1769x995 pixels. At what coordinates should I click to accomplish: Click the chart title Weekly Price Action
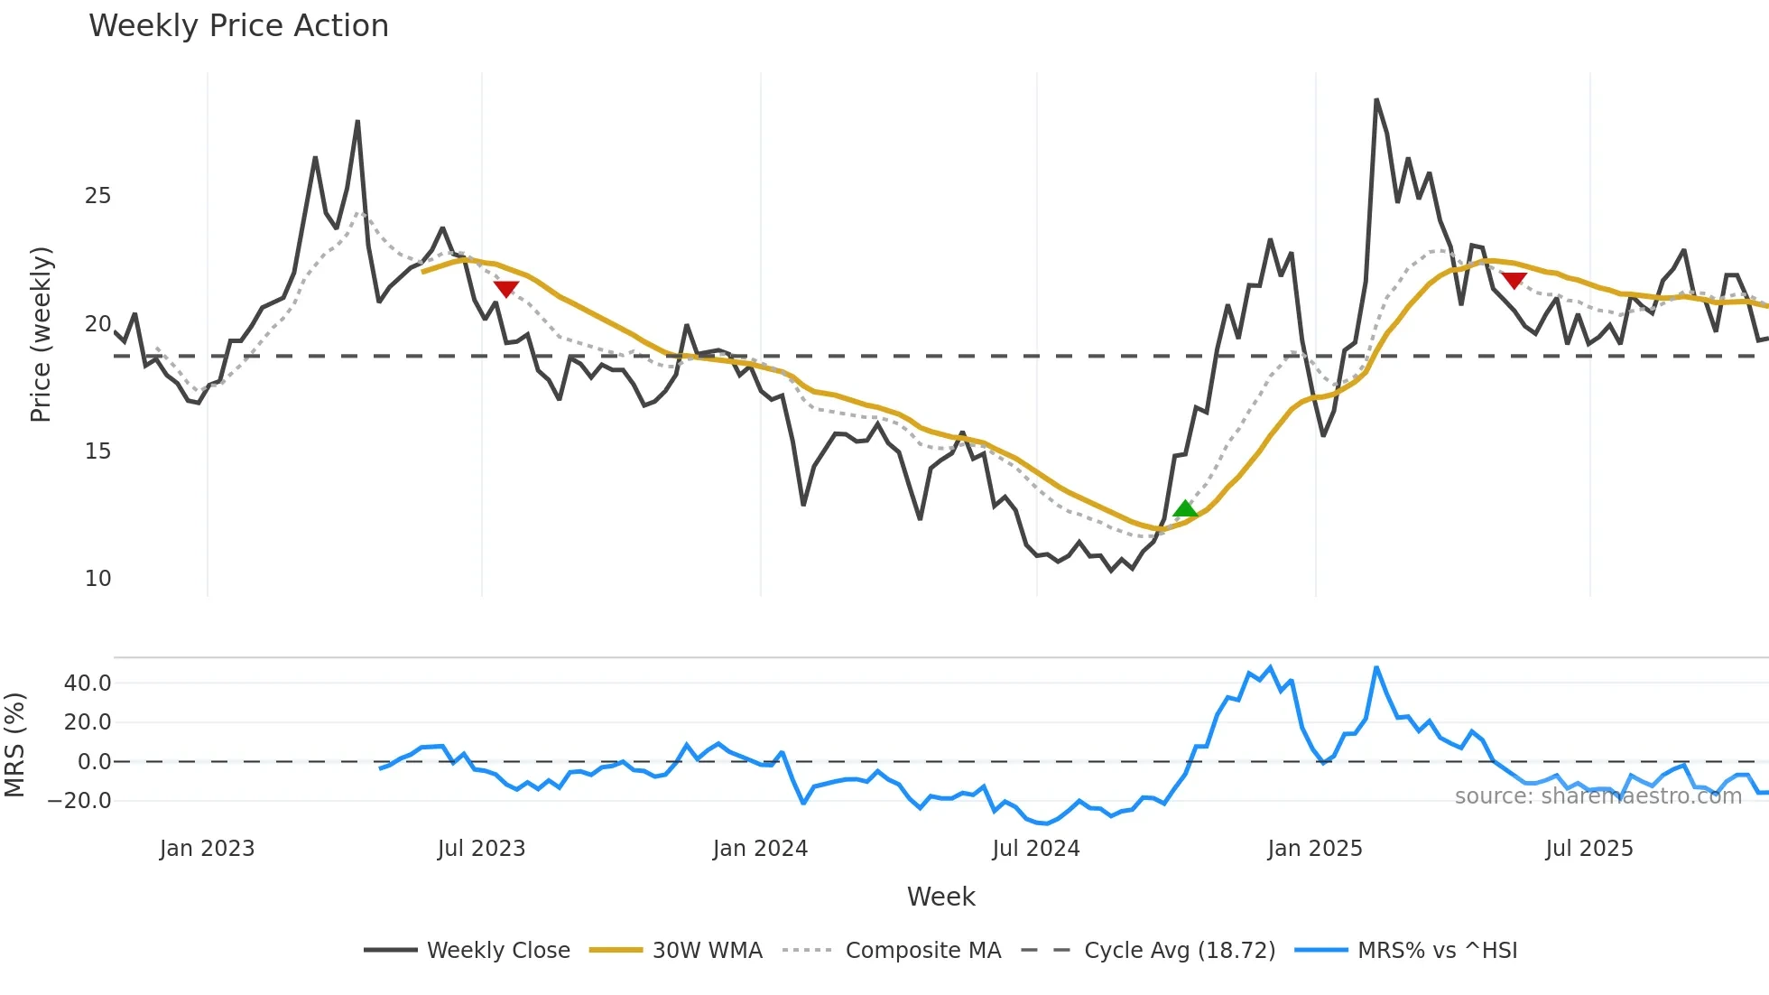point(238,26)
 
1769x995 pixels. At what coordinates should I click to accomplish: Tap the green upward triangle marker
point(1185,509)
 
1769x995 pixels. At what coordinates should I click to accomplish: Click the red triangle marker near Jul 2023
point(506,289)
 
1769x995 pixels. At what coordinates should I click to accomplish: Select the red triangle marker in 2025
point(1514,281)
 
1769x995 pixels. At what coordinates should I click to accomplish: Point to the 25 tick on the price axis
point(97,196)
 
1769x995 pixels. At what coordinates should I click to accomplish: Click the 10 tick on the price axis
point(97,579)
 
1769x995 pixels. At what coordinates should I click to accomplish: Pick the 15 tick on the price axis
point(97,451)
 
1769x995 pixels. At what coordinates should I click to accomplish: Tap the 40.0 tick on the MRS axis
point(88,683)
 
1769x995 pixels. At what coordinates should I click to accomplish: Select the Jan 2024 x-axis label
point(760,849)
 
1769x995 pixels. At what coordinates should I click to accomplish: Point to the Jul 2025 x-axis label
point(1588,849)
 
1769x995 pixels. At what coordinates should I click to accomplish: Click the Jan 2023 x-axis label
point(207,849)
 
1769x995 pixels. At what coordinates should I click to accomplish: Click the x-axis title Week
point(940,897)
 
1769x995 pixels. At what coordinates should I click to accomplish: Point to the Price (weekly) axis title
point(41,334)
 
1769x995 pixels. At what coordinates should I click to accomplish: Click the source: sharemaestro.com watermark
point(1598,796)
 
